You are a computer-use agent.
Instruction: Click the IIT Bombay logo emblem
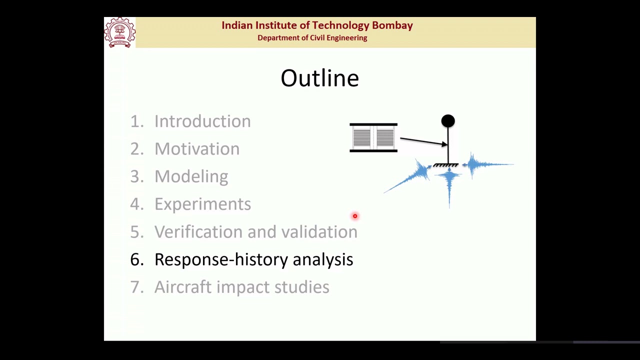pos(119,32)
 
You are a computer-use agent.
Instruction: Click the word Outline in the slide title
pos(319,78)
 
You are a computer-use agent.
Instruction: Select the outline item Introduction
pos(202,121)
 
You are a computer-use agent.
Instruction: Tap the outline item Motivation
pos(196,149)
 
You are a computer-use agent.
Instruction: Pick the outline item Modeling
pos(191,176)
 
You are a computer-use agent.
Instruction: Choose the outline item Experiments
pos(202,204)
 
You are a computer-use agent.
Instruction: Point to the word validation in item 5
pos(319,232)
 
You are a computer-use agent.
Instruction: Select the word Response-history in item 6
pos(221,259)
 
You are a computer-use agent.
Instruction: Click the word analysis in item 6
pos(322,259)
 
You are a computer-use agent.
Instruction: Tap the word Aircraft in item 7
pos(183,287)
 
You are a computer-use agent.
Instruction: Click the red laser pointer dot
pos(355,216)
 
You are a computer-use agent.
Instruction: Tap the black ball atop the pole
pos(448,121)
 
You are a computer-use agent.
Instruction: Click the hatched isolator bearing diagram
pos(373,137)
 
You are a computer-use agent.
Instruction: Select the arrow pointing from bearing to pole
pos(423,141)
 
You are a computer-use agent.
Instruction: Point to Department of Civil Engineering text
pos(312,38)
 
